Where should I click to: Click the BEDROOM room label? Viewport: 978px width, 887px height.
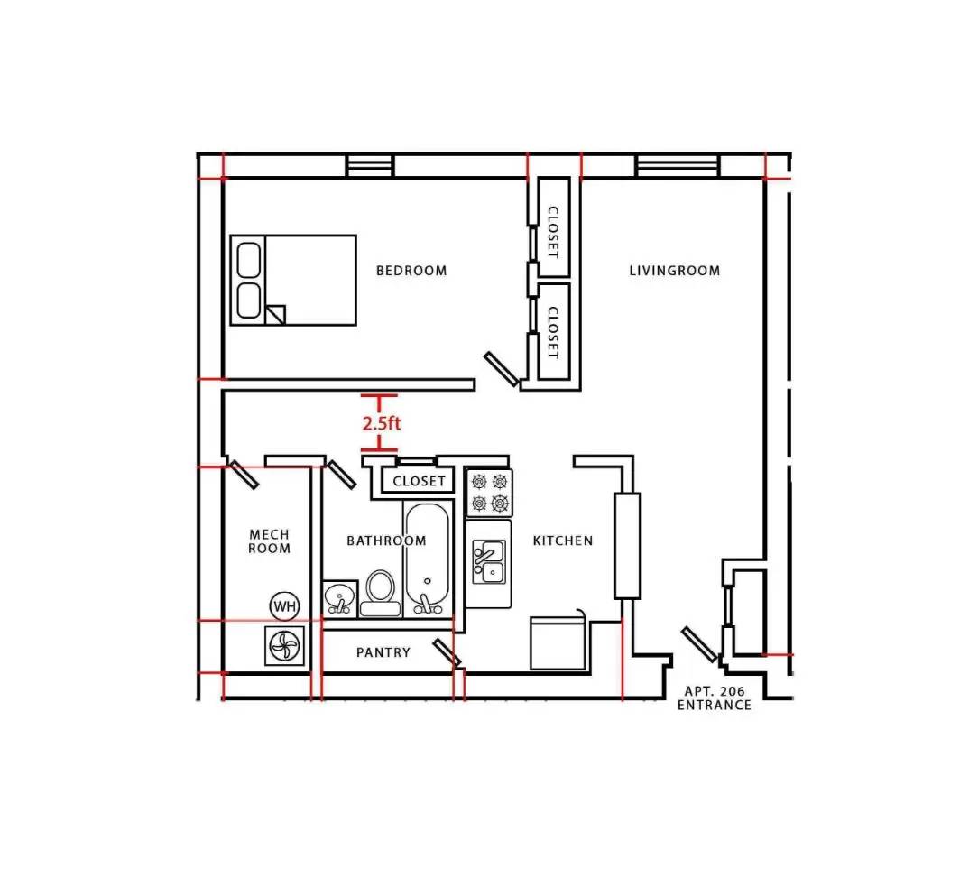pos(411,271)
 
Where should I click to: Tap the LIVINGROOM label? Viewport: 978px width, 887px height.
pos(674,271)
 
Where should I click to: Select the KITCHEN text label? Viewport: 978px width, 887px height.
pos(563,541)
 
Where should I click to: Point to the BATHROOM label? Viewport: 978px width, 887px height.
pos(387,541)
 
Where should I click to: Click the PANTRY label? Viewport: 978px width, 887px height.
pos(383,652)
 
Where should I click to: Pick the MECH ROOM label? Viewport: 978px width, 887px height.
pos(270,541)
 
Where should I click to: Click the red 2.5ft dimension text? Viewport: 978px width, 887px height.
pos(381,423)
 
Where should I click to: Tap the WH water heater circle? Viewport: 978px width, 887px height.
pos(284,605)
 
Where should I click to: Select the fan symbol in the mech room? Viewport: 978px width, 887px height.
pos(285,645)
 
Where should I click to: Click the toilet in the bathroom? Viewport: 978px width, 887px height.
pos(380,594)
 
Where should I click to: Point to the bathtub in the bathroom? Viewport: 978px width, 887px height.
pos(428,559)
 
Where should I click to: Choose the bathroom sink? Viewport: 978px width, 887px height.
pos(340,599)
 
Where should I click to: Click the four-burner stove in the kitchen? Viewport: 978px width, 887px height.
pos(490,493)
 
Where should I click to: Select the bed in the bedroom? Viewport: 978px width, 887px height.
pos(293,280)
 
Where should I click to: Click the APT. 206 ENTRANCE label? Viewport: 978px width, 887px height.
pos(715,698)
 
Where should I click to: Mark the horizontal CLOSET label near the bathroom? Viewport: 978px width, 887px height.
pos(419,481)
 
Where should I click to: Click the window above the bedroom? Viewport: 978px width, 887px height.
pos(371,166)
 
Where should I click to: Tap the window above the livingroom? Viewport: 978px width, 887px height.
pos(678,166)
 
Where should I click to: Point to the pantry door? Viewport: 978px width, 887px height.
pos(447,651)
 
